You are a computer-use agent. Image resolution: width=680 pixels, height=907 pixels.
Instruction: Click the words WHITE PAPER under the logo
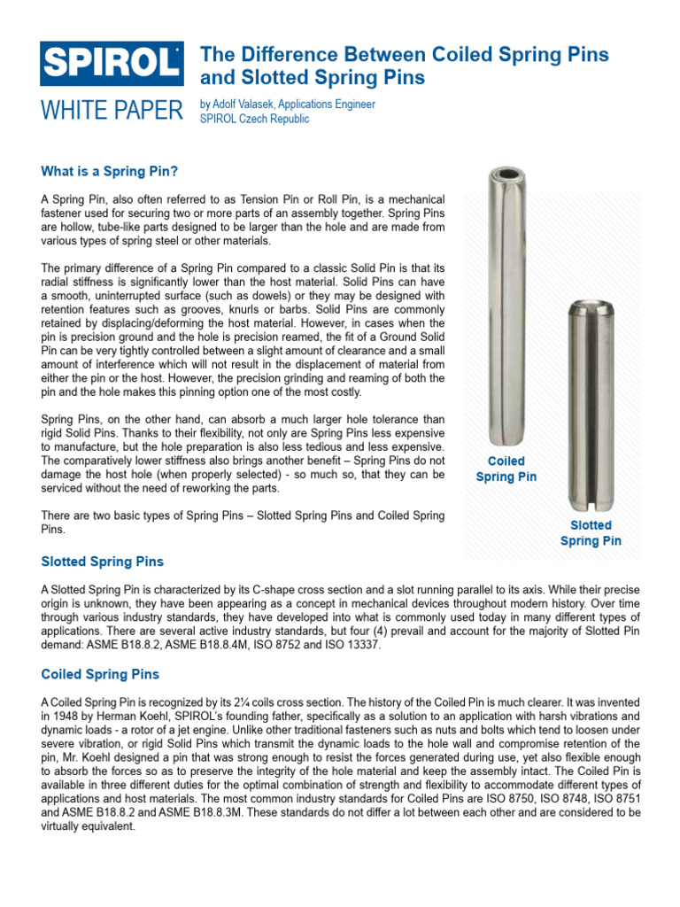(112, 111)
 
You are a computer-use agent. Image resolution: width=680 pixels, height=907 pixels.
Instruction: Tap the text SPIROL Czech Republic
(255, 119)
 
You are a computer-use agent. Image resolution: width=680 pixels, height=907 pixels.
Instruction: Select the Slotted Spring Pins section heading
(103, 562)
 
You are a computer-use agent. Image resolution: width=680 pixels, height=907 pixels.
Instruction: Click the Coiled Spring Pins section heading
(100, 674)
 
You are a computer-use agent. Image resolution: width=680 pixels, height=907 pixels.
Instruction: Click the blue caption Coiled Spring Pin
(506, 469)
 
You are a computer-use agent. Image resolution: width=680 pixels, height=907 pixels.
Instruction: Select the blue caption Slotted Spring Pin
(591, 532)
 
